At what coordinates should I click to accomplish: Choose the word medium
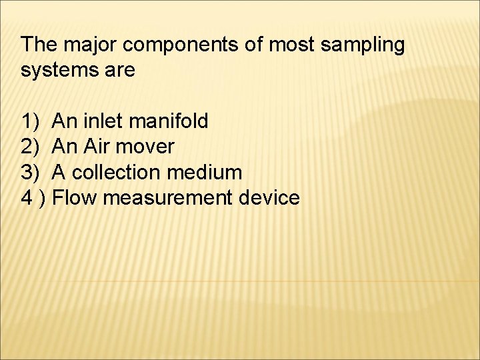pyautogui.click(x=206, y=172)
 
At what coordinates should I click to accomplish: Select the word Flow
pyautogui.click(x=76, y=197)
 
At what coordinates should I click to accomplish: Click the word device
pyautogui.click(x=271, y=197)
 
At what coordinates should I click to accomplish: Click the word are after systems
pyautogui.click(x=120, y=71)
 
